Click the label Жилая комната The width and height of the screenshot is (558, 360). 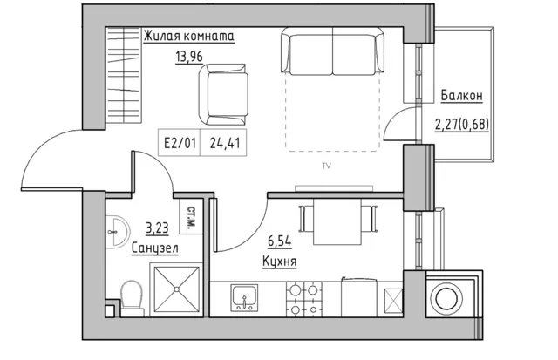(x=188, y=37)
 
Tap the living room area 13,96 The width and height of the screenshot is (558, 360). (x=188, y=56)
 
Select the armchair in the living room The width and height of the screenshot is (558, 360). (x=223, y=94)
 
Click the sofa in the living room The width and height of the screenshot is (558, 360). (x=332, y=51)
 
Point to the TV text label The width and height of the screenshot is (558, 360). (x=326, y=166)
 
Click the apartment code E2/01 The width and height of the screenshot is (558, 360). (x=180, y=143)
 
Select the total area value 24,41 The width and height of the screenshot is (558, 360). (x=225, y=143)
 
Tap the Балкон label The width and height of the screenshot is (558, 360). (x=461, y=96)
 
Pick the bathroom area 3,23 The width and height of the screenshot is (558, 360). (x=157, y=228)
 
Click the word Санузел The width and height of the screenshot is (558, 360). (x=155, y=248)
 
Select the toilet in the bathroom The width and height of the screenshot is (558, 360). (x=132, y=298)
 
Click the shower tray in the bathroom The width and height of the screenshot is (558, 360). (x=176, y=289)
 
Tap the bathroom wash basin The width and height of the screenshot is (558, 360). (x=117, y=232)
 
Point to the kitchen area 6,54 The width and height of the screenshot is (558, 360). (x=279, y=241)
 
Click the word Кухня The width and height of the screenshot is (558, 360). (x=279, y=262)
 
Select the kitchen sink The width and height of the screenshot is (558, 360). (x=244, y=297)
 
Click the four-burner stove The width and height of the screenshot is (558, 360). (x=304, y=299)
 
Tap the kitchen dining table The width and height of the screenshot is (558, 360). (x=337, y=221)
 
